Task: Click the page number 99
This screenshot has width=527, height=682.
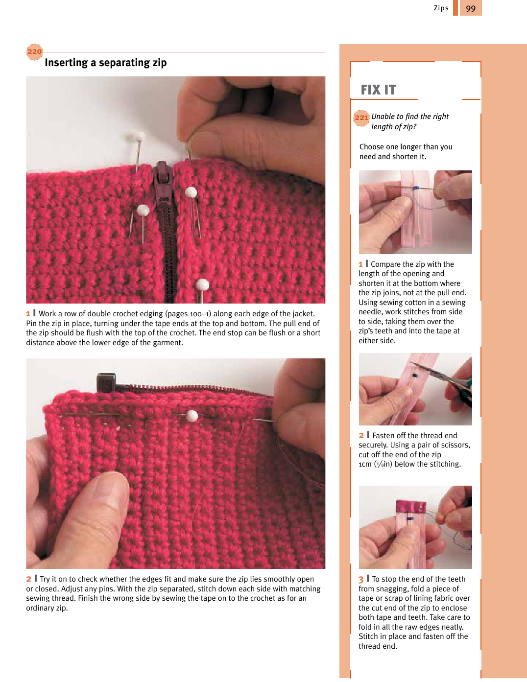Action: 470,8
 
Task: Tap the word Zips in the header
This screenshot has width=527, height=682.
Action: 441,8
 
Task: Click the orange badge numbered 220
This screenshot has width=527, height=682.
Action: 34,51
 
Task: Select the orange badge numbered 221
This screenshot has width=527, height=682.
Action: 361,118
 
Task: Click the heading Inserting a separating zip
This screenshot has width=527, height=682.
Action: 105,63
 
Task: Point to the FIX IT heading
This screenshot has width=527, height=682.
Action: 378,90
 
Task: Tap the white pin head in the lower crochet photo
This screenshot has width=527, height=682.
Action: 192,416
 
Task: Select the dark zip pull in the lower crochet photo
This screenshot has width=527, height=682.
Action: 106,382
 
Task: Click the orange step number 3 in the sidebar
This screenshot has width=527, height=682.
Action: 361,579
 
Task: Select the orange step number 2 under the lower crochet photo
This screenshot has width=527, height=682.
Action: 28,579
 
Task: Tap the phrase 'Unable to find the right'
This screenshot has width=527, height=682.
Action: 410,117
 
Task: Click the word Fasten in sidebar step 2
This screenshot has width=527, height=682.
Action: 384,436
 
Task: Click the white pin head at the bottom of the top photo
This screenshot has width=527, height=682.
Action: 202,285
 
